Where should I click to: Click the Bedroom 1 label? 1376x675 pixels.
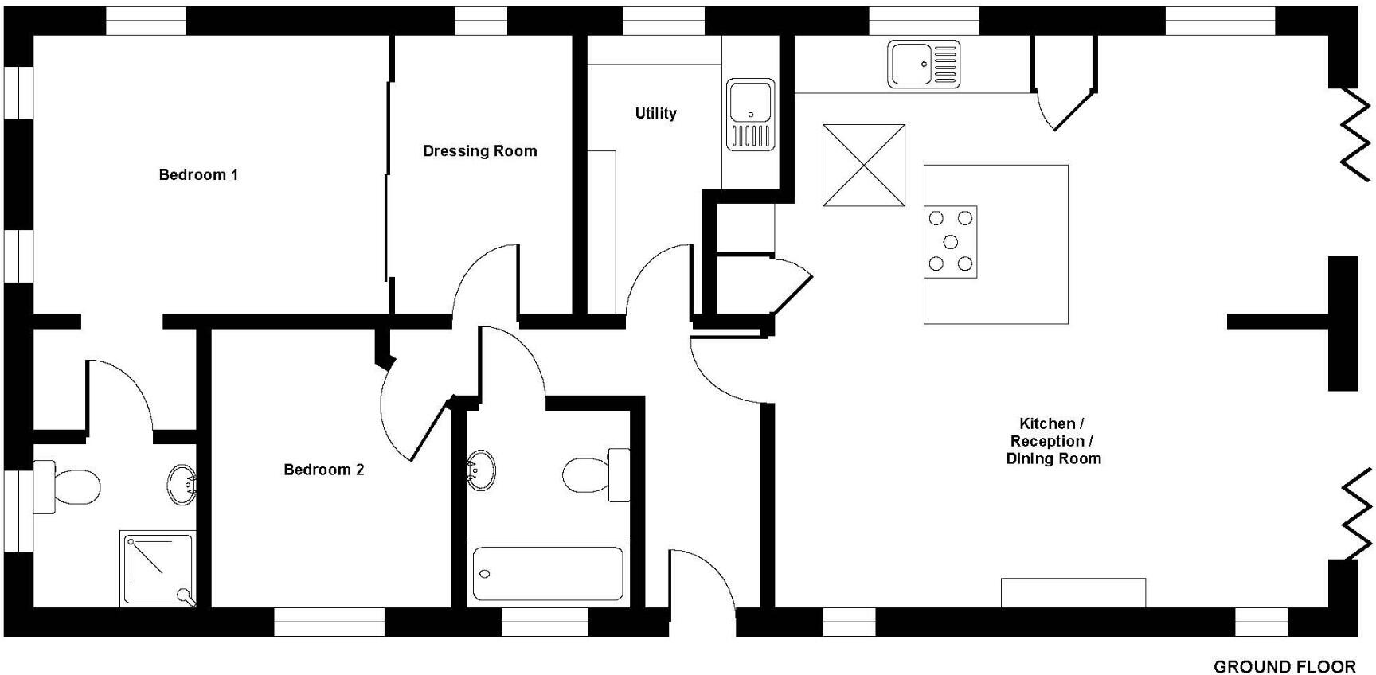tap(198, 174)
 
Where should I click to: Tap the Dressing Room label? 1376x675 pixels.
tap(479, 151)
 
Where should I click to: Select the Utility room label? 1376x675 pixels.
tap(655, 114)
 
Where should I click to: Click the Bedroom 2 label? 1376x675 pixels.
tap(323, 470)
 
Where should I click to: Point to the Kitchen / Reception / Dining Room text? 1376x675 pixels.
tap(1053, 441)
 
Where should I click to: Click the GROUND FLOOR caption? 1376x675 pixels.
tap(1284, 666)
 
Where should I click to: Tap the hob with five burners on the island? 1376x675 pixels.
tap(950, 241)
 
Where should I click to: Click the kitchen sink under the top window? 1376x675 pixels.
tap(924, 64)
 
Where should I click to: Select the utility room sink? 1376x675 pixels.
tap(750, 114)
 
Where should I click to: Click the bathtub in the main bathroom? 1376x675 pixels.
tap(548, 573)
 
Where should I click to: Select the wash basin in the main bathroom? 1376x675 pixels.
tap(481, 470)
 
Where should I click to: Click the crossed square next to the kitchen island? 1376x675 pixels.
tap(863, 165)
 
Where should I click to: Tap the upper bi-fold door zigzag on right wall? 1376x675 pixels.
tap(1355, 134)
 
